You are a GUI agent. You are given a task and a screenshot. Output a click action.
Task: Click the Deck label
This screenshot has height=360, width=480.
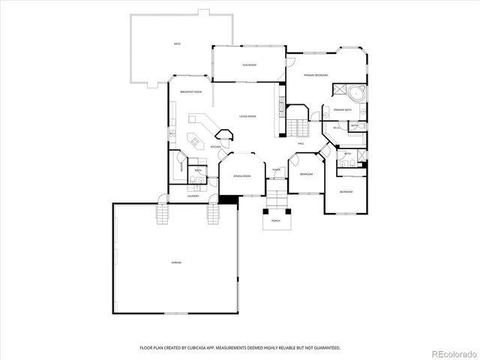pyautogui.click(x=177, y=44)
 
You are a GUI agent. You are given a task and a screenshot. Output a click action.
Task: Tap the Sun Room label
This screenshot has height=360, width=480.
pyautogui.click(x=249, y=65)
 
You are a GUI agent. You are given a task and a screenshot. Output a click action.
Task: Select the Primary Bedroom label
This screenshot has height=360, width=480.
pyautogui.click(x=316, y=76)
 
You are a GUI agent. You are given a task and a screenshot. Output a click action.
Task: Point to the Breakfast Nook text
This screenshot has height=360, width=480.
pyautogui.click(x=190, y=91)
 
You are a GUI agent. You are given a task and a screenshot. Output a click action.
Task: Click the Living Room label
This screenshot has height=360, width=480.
pyautogui.click(x=247, y=116)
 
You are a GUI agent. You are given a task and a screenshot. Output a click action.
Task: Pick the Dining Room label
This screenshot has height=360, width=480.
pyautogui.click(x=241, y=175)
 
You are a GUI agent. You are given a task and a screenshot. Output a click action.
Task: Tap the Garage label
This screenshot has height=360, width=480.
pyautogui.click(x=176, y=262)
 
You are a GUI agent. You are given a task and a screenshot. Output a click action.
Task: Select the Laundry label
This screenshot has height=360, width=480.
pyautogui.click(x=193, y=196)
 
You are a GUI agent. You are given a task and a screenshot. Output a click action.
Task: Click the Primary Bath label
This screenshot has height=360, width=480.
pyautogui.click(x=343, y=110)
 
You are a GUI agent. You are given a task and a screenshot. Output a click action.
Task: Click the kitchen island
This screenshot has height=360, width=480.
pyautogui.click(x=197, y=139)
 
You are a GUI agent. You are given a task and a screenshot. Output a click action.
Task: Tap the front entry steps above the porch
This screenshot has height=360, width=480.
pyautogui.click(x=277, y=199)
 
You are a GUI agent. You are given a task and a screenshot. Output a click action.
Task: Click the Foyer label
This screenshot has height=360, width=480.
pyautogui.click(x=277, y=170)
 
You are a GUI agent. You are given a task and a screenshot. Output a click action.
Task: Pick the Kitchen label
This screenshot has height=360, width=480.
pyautogui.click(x=214, y=147)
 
